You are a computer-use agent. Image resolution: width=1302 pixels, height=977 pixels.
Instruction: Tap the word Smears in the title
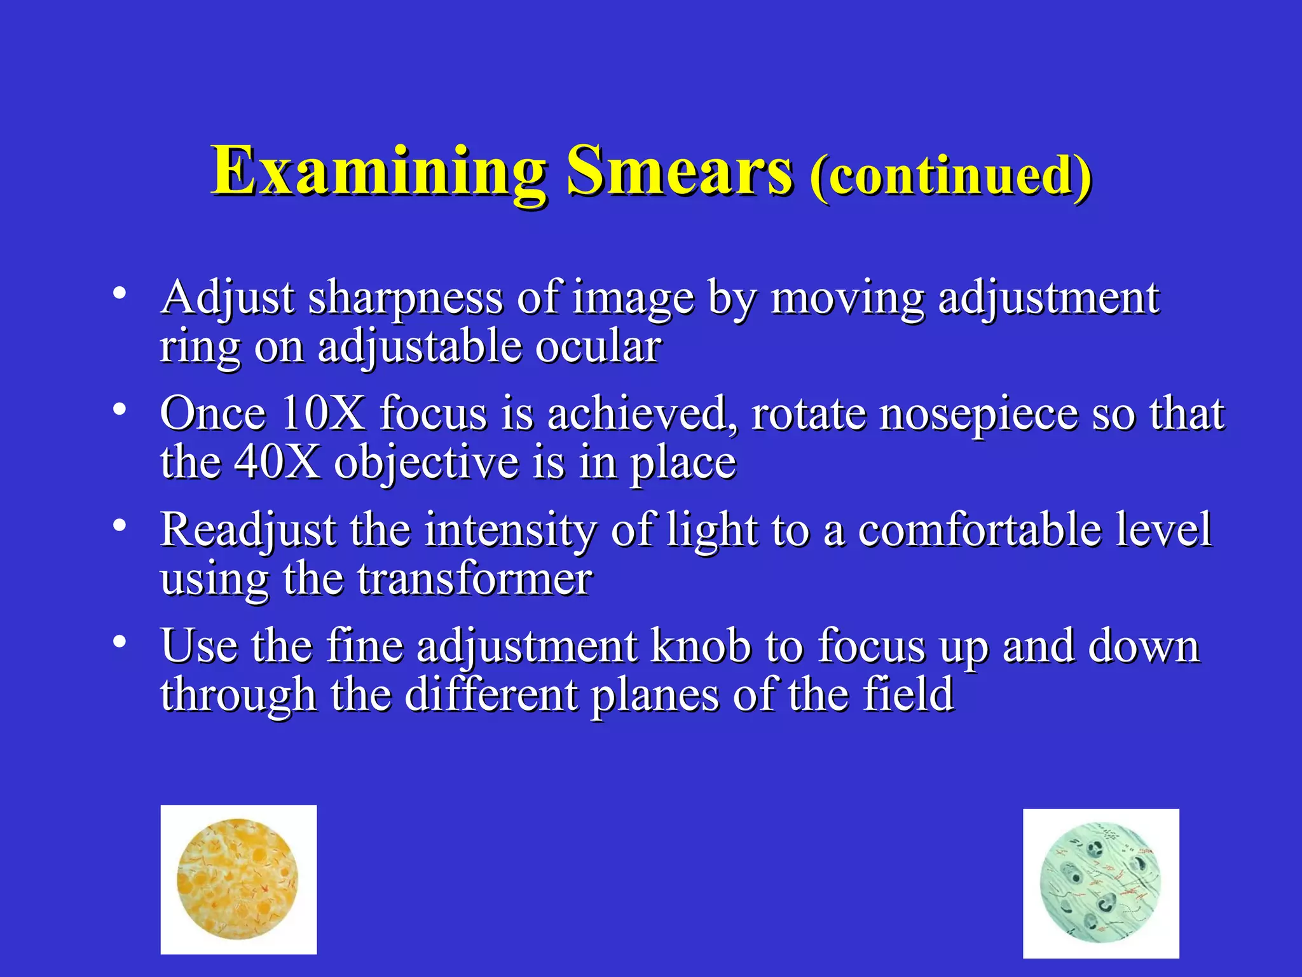[679, 170]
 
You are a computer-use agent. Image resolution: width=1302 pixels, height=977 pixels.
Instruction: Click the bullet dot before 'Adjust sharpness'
[119, 293]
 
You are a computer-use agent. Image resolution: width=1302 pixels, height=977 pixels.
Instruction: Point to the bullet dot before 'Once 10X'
[119, 409]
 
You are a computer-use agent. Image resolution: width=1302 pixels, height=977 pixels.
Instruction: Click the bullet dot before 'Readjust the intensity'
[119, 525]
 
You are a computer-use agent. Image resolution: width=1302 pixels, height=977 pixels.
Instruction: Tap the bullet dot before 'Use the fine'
[119, 642]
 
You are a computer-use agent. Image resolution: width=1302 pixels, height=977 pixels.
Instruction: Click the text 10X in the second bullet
[322, 413]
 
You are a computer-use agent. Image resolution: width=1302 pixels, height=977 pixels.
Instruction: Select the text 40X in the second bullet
[277, 462]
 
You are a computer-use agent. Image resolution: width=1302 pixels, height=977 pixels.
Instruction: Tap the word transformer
[474, 579]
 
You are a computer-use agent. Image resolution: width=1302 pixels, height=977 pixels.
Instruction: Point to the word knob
[701, 646]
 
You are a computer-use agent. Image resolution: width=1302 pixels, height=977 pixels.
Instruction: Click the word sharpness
[406, 298]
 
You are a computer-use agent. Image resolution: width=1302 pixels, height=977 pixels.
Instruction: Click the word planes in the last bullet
[654, 695]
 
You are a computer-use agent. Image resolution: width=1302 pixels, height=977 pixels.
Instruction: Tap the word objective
[426, 463]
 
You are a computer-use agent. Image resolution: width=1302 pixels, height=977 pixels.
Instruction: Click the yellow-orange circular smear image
[238, 879]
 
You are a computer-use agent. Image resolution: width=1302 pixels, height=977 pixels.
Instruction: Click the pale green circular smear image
[1100, 883]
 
